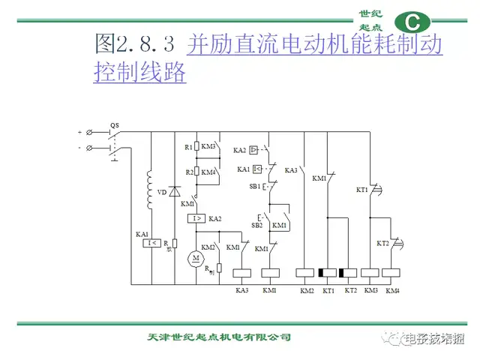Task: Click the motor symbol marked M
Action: click(x=195, y=259)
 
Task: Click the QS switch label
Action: click(x=114, y=124)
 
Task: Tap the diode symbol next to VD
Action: click(x=174, y=192)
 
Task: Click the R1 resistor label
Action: click(x=188, y=148)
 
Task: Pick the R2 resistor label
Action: click(x=188, y=172)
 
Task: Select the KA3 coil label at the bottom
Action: click(x=241, y=290)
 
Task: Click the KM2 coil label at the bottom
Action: click(x=307, y=290)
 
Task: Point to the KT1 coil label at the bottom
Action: click(x=328, y=290)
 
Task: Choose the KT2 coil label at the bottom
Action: click(x=349, y=290)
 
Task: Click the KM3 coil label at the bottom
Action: click(x=371, y=290)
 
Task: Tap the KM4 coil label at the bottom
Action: click(x=392, y=290)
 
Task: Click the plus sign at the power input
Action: click(x=79, y=132)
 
